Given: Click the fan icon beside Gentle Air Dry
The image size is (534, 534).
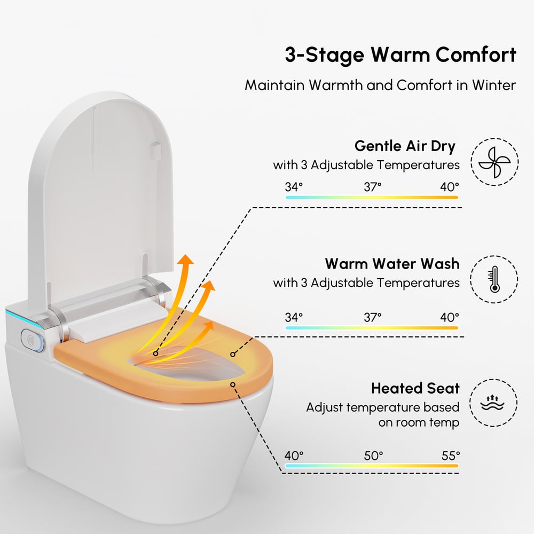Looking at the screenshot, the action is tap(494, 162).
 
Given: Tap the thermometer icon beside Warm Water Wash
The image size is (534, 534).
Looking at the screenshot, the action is tap(494, 279).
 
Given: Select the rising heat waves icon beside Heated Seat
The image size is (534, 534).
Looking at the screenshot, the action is tap(492, 403).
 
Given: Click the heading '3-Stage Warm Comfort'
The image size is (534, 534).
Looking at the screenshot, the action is tap(400, 55).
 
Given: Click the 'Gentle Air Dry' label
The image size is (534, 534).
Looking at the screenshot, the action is tap(405, 146).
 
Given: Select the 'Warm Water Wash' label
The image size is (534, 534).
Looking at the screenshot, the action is tap(392, 264).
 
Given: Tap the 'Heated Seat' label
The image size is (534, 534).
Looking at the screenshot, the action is tap(415, 388).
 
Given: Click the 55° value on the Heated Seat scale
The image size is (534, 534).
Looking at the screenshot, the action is tap(451, 456).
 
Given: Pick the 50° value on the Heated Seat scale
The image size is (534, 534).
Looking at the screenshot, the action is tap(373, 456).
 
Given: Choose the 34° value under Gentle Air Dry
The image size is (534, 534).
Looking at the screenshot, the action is tap(294, 187).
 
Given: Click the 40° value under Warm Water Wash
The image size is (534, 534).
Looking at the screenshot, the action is tap(449, 317).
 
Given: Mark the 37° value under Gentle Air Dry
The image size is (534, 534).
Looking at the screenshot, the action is tap(372, 187).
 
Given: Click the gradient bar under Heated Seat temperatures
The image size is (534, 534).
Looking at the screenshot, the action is tap(372, 466).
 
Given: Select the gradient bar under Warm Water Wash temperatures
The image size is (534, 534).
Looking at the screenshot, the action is tap(372, 328).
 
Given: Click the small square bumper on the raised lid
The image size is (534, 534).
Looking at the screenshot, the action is tap(155, 151).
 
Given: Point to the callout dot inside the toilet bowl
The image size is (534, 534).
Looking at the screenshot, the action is tap(155, 354).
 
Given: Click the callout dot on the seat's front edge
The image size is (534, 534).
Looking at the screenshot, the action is tap(233, 384).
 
